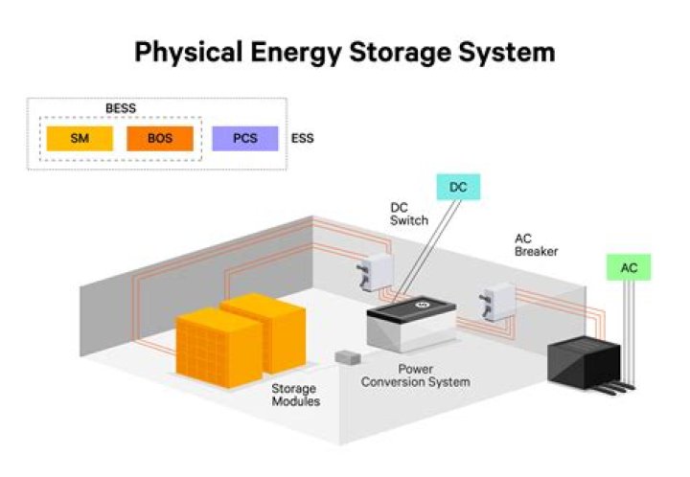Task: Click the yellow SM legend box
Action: (x=78, y=139)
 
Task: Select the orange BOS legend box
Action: (x=159, y=139)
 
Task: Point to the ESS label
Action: (x=302, y=139)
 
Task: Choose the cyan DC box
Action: (x=458, y=187)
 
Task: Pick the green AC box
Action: (x=629, y=267)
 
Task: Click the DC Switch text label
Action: (x=405, y=214)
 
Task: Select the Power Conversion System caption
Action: (x=434, y=375)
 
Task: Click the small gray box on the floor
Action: (x=346, y=357)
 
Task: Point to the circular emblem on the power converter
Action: (x=420, y=306)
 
